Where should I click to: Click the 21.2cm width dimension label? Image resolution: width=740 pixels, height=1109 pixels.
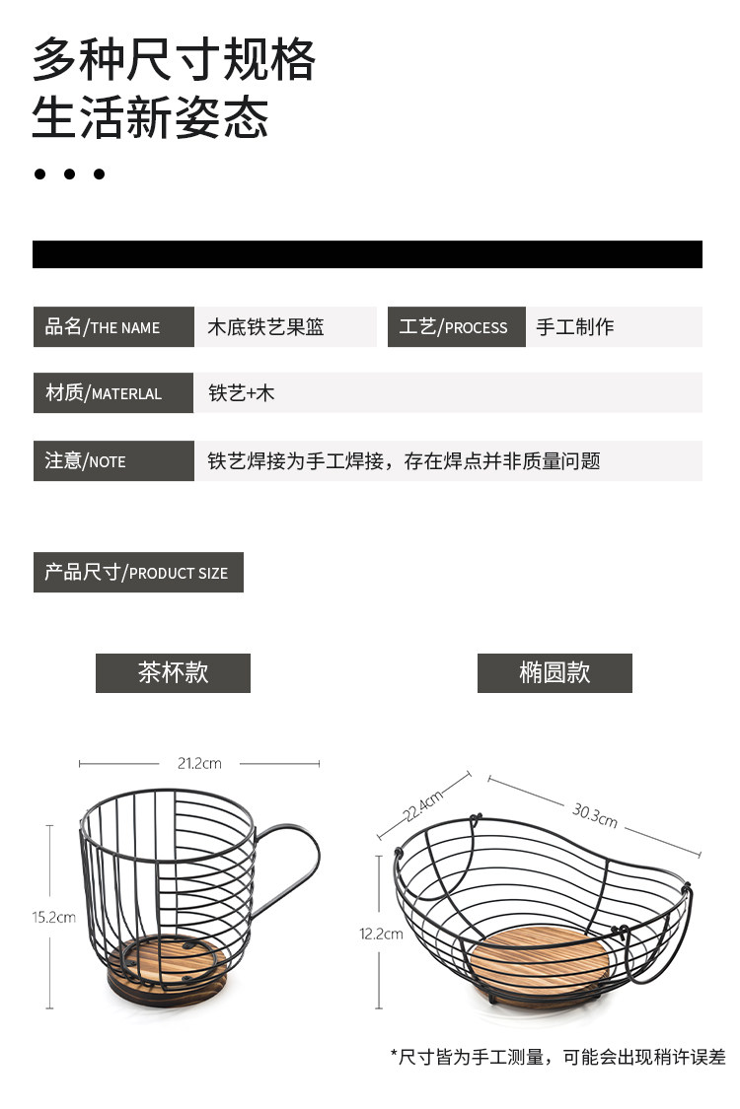pos(199,763)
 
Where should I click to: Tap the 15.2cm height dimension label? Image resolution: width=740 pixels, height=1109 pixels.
pos(53,917)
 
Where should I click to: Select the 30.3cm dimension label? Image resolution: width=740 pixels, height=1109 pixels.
pos(594,814)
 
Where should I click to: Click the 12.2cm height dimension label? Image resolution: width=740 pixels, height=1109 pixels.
pos(381,934)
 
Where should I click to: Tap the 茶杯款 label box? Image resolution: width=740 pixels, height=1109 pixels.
pos(173,672)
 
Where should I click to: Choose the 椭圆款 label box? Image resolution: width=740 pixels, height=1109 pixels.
pos(555,672)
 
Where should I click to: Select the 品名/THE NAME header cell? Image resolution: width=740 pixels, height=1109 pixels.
pos(113,327)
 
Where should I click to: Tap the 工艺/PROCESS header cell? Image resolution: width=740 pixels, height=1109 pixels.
pos(455,327)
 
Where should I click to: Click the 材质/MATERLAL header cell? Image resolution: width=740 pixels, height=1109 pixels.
pos(113,392)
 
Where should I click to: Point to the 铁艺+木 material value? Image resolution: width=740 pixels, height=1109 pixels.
pos(242,392)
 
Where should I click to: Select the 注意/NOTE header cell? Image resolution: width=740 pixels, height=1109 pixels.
pos(113,460)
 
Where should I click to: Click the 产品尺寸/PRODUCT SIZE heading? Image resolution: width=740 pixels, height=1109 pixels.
pos(138,572)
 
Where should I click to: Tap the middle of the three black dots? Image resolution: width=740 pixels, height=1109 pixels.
pos(69,174)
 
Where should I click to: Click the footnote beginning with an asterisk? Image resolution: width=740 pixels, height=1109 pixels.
pos(557,1057)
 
